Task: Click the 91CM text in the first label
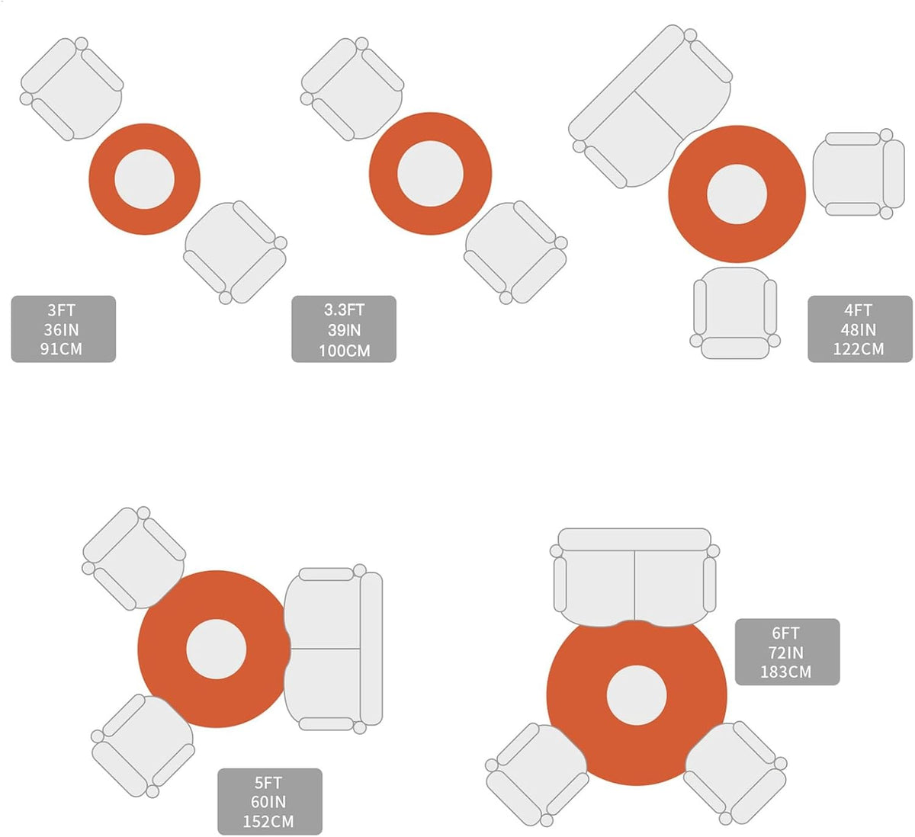tap(61, 349)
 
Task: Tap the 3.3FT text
tap(344, 310)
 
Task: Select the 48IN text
tap(859, 329)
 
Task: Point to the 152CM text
tap(268, 822)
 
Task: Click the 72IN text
tap(786, 653)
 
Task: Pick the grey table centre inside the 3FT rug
tap(145, 179)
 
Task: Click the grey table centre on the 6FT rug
tap(636, 695)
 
